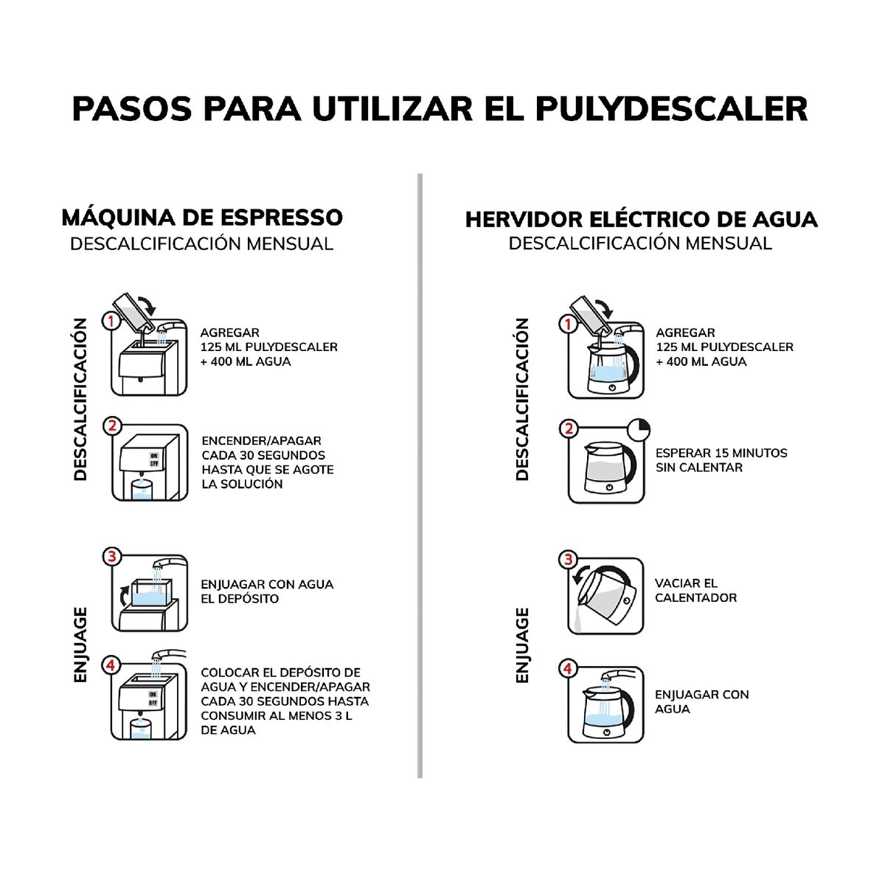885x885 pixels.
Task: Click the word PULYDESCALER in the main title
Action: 671,108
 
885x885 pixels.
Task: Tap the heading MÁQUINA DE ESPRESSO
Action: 202,218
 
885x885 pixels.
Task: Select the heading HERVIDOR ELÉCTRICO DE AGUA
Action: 641,219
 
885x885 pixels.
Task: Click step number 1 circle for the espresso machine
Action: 111,321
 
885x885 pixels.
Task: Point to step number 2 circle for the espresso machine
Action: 112,426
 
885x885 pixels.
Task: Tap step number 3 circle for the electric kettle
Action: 568,559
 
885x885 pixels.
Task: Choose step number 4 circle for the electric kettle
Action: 568,669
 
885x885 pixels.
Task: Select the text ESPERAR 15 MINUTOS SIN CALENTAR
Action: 721,460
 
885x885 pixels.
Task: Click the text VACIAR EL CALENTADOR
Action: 695,590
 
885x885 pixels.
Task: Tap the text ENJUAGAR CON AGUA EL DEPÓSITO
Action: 266,591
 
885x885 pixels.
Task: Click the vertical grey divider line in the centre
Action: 420,476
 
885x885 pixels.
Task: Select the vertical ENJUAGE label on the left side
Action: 81,645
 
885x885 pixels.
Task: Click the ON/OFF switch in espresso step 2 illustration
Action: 154,459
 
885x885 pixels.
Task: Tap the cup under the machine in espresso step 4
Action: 141,728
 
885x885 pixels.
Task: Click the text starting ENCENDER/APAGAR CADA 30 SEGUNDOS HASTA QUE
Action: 267,462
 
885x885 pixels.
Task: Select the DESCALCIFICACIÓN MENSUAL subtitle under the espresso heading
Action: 201,243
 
